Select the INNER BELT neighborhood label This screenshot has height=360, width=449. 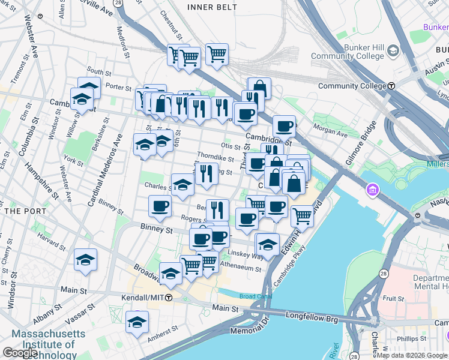tap(212, 7)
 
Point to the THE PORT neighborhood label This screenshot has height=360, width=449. tap(22, 211)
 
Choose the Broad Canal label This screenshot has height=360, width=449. tap(255, 296)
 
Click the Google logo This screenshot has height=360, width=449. tap(20, 353)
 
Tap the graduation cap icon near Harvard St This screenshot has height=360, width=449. tap(85, 260)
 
